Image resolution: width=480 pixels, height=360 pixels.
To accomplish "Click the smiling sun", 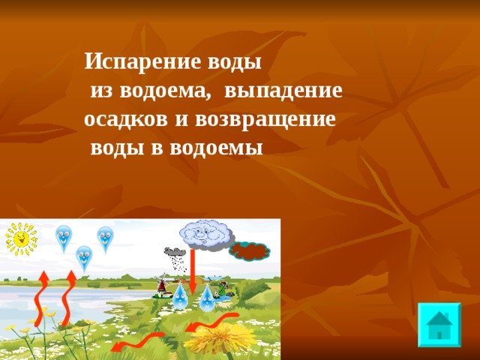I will [x=21, y=238].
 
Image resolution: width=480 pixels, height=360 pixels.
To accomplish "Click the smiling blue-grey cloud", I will [x=204, y=234].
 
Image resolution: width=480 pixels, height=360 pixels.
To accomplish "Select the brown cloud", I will [x=250, y=250].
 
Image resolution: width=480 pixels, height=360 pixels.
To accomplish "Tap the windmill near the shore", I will [x=159, y=286].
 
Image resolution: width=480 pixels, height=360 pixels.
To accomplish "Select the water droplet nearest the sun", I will [x=64, y=238].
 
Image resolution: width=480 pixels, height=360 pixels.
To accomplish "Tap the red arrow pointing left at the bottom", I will [x=138, y=341].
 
